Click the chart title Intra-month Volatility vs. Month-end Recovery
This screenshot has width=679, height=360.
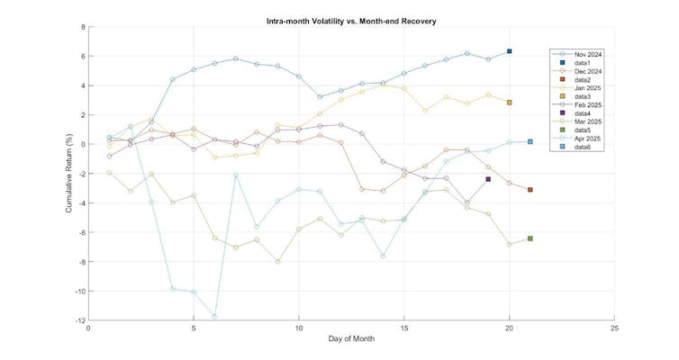click(x=351, y=20)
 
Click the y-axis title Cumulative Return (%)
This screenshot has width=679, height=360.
click(x=69, y=174)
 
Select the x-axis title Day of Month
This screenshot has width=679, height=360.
click(x=351, y=339)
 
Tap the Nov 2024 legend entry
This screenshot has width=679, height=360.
click(x=584, y=54)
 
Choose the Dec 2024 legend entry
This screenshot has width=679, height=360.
click(x=584, y=73)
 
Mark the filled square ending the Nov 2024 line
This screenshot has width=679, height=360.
click(x=509, y=51)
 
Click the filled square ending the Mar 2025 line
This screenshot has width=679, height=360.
click(x=530, y=238)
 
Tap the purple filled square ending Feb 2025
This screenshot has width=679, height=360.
click(x=488, y=179)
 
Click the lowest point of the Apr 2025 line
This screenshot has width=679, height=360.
click(x=214, y=316)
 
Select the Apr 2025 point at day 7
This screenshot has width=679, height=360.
click(x=235, y=175)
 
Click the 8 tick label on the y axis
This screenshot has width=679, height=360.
click(x=81, y=27)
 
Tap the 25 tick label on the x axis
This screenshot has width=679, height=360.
click(x=613, y=328)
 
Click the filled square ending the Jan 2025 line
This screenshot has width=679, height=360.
click(x=509, y=103)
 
